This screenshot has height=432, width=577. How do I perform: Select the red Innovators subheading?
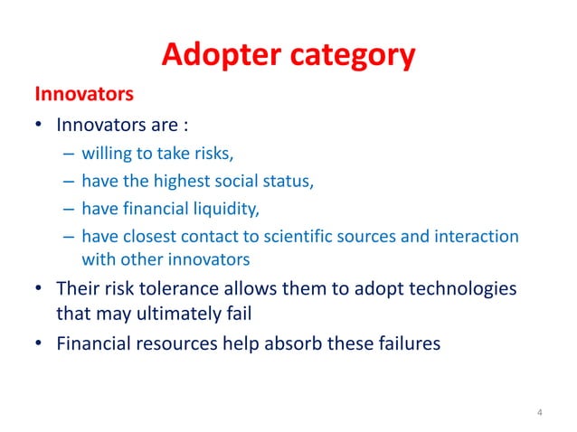(x=84, y=93)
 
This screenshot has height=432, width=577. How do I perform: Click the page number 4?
(x=540, y=413)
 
